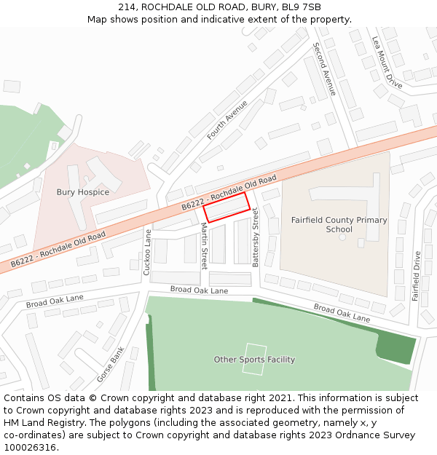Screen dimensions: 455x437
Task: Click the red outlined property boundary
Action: [227, 207]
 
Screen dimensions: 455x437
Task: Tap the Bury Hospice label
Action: [83, 192]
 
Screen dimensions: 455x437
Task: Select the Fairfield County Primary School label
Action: [339, 224]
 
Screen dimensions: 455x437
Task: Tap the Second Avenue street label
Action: [324, 69]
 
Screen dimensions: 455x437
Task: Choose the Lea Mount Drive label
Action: [387, 63]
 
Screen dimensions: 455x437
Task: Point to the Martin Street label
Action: [205, 246]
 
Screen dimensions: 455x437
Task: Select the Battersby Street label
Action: [256, 237]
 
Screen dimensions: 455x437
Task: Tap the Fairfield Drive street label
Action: [417, 276]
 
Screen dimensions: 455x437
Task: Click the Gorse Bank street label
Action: [111, 364]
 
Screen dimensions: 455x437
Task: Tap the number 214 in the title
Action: [126, 7]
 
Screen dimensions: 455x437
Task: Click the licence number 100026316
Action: [31, 448]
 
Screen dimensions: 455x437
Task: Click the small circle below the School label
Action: [342, 239]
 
